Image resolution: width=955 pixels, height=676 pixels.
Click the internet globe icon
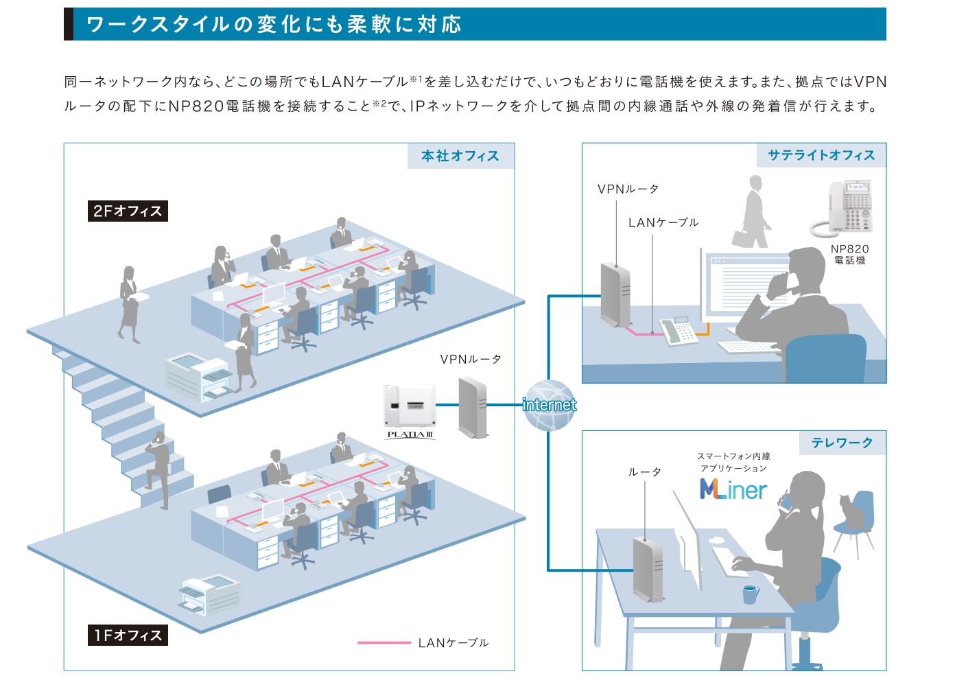click(x=549, y=405)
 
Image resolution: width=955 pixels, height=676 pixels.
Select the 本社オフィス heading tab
click(x=460, y=156)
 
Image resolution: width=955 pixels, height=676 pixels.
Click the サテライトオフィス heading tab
click(x=821, y=155)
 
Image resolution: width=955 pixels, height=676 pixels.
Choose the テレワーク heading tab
click(x=842, y=443)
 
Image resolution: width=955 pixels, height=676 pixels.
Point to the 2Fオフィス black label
click(x=128, y=211)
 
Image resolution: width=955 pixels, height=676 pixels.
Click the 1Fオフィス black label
click(x=128, y=635)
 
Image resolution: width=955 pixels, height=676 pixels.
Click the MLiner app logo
click(x=733, y=489)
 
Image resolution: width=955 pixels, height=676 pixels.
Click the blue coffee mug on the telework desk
click(x=751, y=594)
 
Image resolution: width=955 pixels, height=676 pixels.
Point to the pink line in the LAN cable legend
click(x=384, y=643)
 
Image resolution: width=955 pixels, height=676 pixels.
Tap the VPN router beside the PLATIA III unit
click(x=473, y=408)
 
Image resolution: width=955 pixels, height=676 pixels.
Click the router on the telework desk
click(x=648, y=569)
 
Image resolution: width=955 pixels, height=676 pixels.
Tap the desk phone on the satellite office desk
click(x=678, y=331)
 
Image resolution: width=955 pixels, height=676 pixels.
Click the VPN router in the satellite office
click(x=615, y=294)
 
